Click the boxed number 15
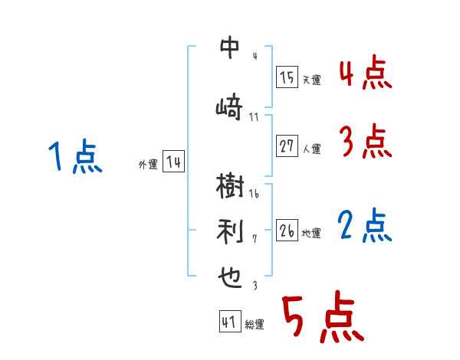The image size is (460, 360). tap(287, 77)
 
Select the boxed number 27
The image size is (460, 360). tap(287, 146)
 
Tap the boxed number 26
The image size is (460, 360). tap(287, 231)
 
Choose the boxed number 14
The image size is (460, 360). tap(173, 162)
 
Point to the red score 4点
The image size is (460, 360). tap(365, 74)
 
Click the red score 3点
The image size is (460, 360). tap(365, 142)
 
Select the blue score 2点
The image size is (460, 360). tap(365, 226)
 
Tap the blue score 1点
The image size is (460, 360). tap(74, 157)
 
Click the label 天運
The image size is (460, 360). tap(311, 80)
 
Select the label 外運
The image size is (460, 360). tap(147, 164)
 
